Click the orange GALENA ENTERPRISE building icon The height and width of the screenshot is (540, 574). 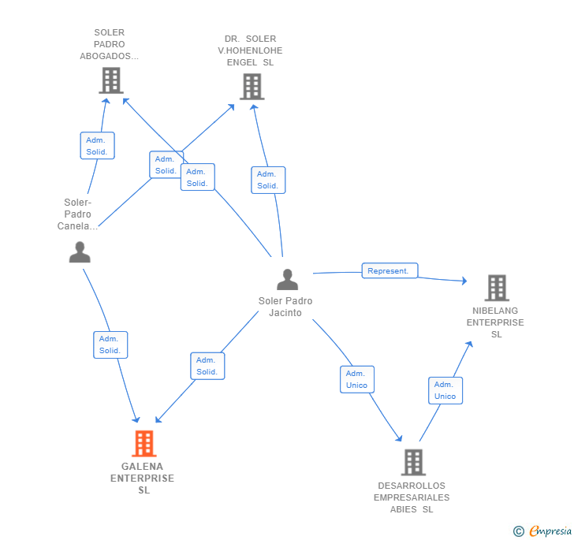[x=143, y=444]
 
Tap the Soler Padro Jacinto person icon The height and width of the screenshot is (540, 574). [x=288, y=279]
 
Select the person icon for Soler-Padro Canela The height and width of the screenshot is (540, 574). [x=80, y=252]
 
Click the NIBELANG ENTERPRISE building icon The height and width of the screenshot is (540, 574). [x=496, y=288]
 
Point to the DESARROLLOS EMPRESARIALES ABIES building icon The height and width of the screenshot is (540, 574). [x=413, y=462]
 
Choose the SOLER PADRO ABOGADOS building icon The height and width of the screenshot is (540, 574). [x=111, y=80]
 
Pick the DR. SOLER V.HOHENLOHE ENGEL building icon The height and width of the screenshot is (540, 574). [x=252, y=86]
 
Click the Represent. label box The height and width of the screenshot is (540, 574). [x=389, y=270]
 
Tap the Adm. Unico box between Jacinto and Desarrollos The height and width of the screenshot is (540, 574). [x=356, y=379]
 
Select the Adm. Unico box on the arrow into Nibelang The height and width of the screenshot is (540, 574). [x=445, y=390]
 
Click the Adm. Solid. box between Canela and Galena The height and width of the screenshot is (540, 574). [x=110, y=344]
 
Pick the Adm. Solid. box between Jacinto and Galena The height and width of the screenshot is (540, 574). [x=207, y=366]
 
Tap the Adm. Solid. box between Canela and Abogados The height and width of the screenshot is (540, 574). [x=97, y=146]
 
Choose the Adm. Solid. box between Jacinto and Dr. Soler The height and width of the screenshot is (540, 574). [x=267, y=180]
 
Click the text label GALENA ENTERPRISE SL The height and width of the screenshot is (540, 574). [x=143, y=478]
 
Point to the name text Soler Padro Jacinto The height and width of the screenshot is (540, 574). [x=285, y=307]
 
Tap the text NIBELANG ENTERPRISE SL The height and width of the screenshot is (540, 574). [x=495, y=322]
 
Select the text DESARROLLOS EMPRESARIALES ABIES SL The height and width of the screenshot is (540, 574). [x=412, y=497]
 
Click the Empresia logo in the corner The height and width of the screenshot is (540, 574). [x=542, y=531]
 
